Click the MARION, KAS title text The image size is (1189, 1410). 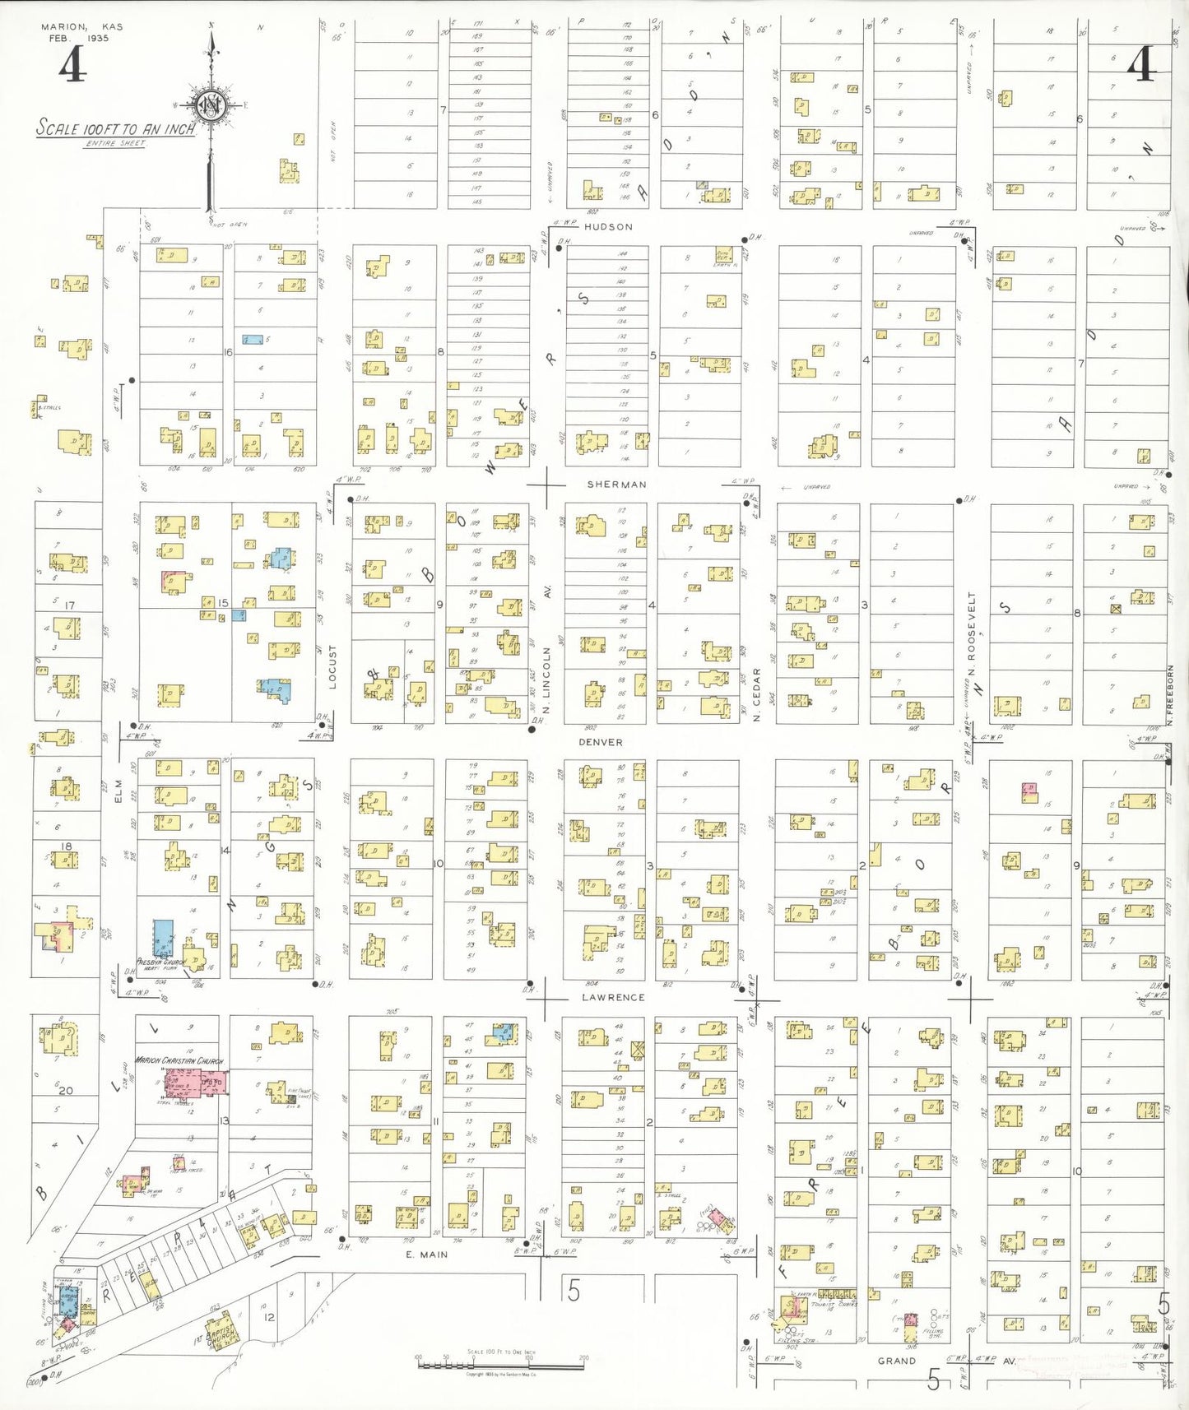click(81, 26)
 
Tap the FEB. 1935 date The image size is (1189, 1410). click(78, 38)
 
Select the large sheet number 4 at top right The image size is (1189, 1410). click(1141, 64)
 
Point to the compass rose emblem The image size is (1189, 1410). click(211, 105)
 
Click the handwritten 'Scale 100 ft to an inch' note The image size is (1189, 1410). click(116, 128)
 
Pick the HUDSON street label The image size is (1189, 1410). click(608, 227)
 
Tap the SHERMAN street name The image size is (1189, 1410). click(616, 485)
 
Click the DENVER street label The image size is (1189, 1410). click(600, 742)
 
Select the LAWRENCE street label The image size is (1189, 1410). click(613, 997)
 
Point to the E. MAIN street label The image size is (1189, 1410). click(426, 1255)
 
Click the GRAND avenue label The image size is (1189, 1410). click(897, 1361)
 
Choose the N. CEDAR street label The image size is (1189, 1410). click(757, 694)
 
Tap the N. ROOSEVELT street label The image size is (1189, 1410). click(972, 633)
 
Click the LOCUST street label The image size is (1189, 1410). click(333, 667)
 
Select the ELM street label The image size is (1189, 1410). click(118, 791)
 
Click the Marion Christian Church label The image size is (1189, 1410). click(179, 1061)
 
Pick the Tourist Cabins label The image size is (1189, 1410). click(834, 1305)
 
